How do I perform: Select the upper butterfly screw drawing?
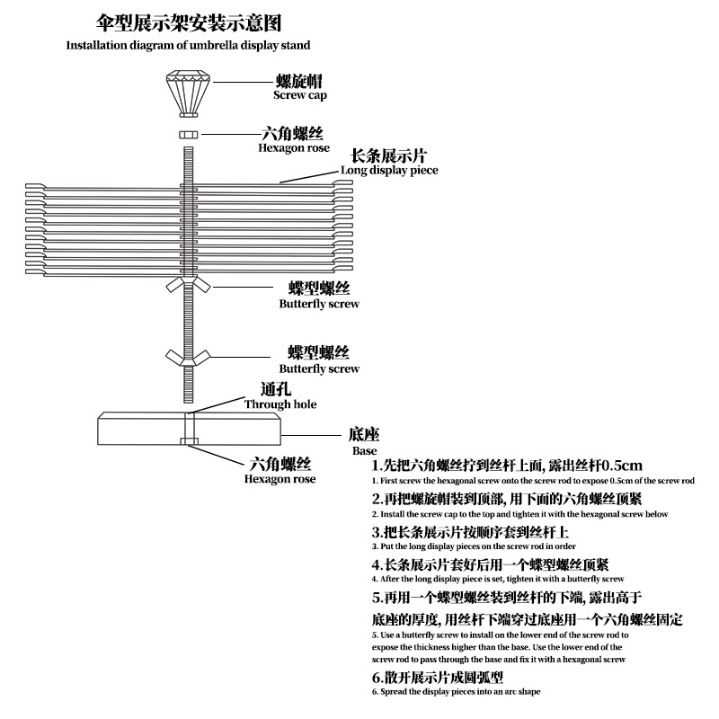click(x=188, y=287)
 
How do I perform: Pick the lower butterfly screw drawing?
click(x=188, y=354)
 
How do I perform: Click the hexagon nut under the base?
click(x=188, y=440)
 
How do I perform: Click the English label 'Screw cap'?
click(x=300, y=94)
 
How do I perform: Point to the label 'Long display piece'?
click(x=389, y=170)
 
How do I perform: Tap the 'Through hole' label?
click(x=280, y=404)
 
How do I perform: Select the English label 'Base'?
click(x=364, y=450)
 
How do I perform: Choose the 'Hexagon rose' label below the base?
click(x=280, y=479)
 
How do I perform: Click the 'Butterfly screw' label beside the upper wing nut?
click(x=319, y=304)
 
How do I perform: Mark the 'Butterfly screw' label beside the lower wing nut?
click(x=319, y=368)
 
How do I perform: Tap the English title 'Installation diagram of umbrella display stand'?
click(x=189, y=45)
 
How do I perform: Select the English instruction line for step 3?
click(x=474, y=546)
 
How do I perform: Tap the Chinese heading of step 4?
click(x=491, y=564)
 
